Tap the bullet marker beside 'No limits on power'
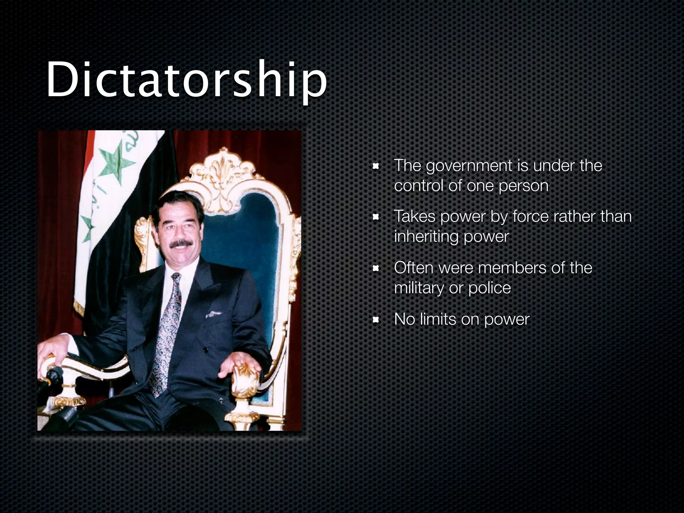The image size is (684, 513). tap(376, 320)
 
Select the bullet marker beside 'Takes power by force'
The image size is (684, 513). tap(376, 217)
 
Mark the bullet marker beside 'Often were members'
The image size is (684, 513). tap(376, 269)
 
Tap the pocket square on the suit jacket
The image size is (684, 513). tap(212, 314)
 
